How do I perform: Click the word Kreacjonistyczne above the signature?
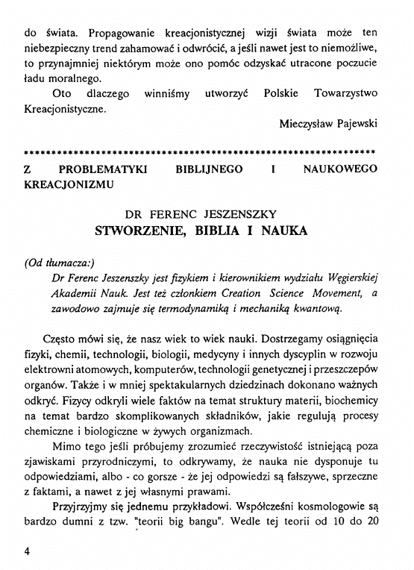(x=65, y=108)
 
